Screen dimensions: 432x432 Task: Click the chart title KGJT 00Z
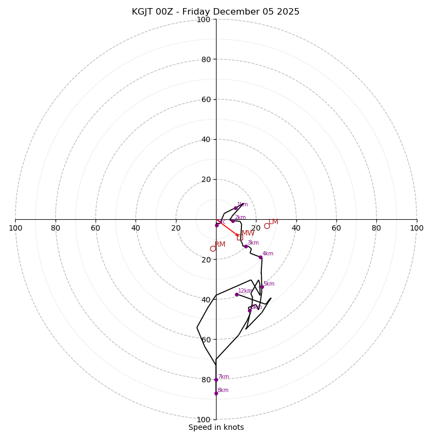[215, 12]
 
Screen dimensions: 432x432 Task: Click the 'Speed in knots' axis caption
[216, 427]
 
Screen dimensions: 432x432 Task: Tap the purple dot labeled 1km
[235, 208]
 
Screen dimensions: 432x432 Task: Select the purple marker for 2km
[233, 221]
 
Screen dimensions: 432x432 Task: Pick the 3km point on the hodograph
[246, 246]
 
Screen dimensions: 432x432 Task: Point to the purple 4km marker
[260, 257]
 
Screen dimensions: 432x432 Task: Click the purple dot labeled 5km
[262, 287]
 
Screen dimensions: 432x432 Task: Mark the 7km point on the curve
[216, 380]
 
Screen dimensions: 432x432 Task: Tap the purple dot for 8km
[216, 393]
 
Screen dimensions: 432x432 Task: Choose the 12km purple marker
[237, 294]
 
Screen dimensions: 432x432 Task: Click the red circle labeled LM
[267, 226]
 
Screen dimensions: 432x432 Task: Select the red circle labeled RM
[213, 248]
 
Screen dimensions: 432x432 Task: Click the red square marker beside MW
[240, 238]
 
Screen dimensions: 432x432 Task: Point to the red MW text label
[248, 233]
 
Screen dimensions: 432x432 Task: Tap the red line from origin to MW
[228, 228]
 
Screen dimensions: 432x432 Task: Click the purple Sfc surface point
[217, 225]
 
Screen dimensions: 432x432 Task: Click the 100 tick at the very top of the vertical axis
[204, 20]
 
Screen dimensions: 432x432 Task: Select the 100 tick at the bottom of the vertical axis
[204, 420]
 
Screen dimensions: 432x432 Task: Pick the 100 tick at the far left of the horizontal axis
[16, 228]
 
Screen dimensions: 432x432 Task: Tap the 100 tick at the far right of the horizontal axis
[416, 228]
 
